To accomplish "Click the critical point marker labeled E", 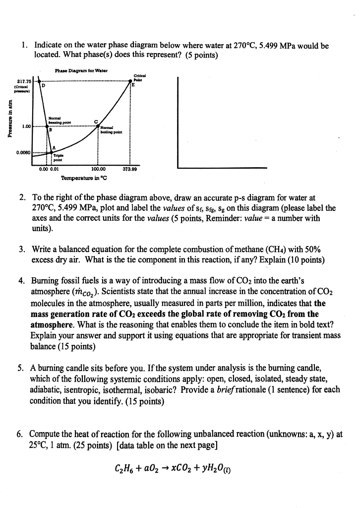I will pyautogui.click(x=130, y=81).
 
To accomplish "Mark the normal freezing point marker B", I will pyautogui.click(x=47, y=127).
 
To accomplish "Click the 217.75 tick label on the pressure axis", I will pyautogui.click(x=24, y=81).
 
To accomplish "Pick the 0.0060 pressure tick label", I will pyautogui.click(x=24, y=152).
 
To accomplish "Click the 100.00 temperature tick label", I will pyautogui.click(x=98, y=169).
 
